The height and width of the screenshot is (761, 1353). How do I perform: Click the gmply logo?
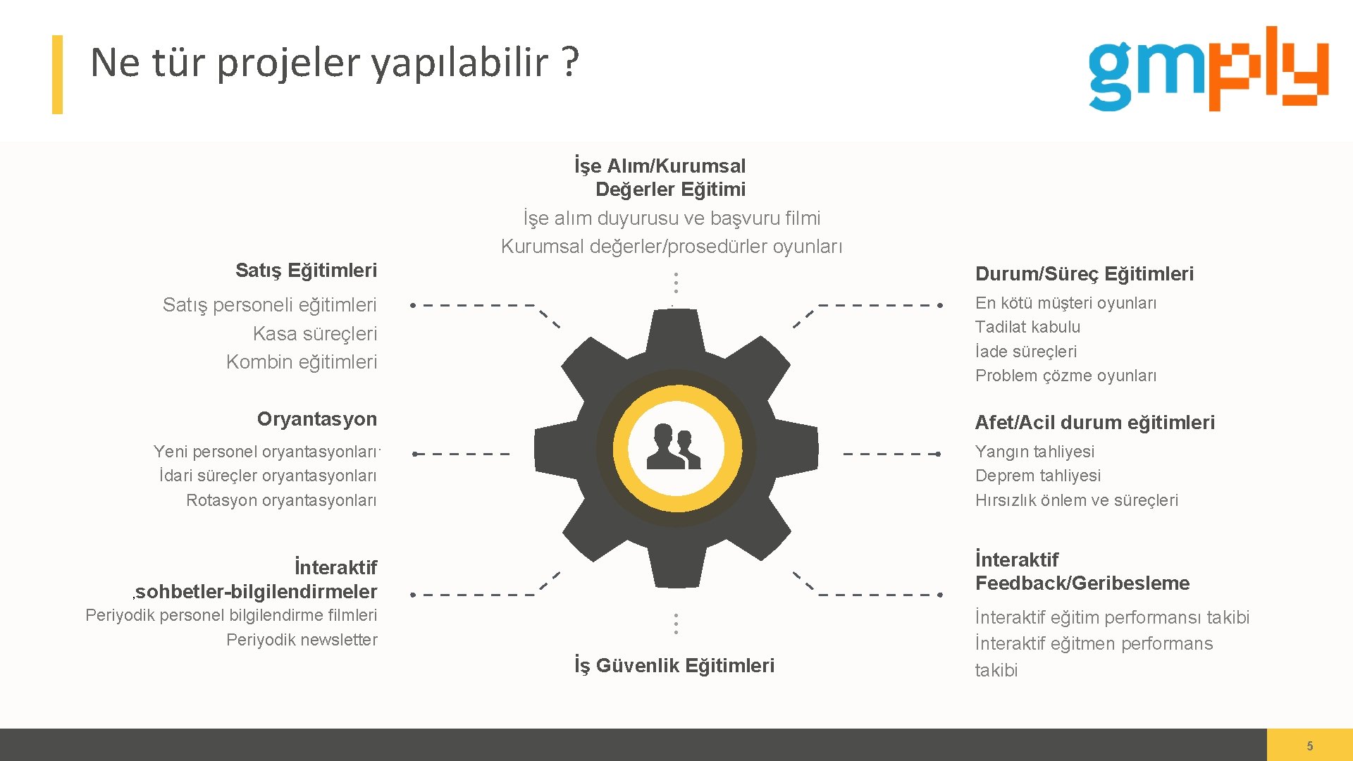click(1208, 69)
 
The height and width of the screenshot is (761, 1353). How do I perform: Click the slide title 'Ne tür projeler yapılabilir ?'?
click(335, 62)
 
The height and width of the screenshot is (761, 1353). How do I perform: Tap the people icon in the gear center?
click(674, 447)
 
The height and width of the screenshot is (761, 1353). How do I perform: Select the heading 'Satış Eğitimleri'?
click(306, 270)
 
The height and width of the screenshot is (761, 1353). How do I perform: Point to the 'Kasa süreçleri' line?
click(314, 333)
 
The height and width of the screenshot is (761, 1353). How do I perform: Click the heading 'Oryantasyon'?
click(316, 419)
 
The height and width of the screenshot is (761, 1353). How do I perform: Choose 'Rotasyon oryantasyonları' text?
click(281, 500)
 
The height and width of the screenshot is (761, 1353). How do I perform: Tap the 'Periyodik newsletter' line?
click(302, 640)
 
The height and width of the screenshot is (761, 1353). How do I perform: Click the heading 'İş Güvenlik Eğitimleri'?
click(674, 665)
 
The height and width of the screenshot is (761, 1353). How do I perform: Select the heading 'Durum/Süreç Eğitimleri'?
click(1084, 273)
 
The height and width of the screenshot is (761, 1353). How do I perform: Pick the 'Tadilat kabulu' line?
click(1027, 327)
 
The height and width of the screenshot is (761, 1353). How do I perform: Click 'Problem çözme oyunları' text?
click(1065, 376)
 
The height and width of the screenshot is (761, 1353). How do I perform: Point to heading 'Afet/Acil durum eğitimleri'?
click(1094, 422)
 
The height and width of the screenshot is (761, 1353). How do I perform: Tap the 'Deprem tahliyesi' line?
click(1037, 476)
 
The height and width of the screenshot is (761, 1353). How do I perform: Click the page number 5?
click(1309, 745)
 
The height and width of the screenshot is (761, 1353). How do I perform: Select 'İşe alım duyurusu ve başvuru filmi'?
click(672, 218)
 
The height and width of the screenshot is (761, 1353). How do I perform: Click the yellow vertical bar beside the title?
click(57, 75)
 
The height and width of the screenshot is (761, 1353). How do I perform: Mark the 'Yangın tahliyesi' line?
click(1034, 452)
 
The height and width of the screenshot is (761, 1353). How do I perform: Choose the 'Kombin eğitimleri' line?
click(302, 362)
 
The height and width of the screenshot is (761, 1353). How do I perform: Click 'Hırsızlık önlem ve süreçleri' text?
click(1076, 500)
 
